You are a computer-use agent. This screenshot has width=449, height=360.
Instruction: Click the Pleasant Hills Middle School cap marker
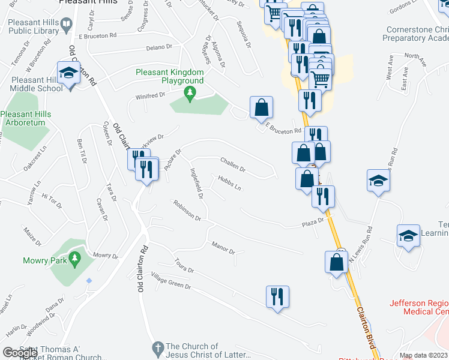pyautogui.click(x=68, y=74)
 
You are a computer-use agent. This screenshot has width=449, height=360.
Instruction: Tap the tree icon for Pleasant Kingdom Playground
pyautogui.click(x=190, y=92)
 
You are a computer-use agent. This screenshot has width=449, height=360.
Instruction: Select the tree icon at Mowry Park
pyautogui.click(x=75, y=259)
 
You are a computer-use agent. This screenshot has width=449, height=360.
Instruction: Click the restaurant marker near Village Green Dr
pyautogui.click(x=277, y=297)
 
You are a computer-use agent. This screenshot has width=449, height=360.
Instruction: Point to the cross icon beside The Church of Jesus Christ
pyautogui.click(x=157, y=347)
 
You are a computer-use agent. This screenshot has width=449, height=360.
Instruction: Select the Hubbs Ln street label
pyautogui.click(x=229, y=183)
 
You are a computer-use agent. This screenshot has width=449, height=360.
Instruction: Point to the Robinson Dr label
pyautogui.click(x=187, y=211)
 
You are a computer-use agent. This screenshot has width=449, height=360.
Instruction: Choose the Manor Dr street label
pyautogui.click(x=223, y=248)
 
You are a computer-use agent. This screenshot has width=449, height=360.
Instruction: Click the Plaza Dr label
pyautogui.click(x=312, y=223)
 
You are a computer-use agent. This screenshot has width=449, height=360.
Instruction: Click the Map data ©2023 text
pyautogui.click(x=424, y=355)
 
